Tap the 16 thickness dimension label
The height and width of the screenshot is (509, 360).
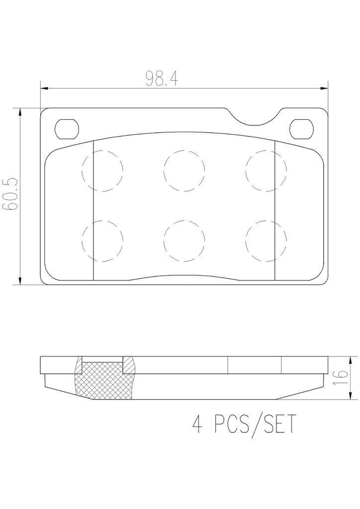click(341, 378)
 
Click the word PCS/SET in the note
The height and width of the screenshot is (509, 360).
click(255, 424)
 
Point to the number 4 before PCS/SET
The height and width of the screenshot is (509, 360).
click(197, 424)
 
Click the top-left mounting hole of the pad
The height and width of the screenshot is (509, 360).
click(67, 129)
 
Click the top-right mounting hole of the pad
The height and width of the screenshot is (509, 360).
click(301, 129)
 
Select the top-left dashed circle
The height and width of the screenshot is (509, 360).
click(102, 171)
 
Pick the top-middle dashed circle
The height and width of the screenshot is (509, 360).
click(184, 171)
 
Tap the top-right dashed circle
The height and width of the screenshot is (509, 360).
click(266, 171)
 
